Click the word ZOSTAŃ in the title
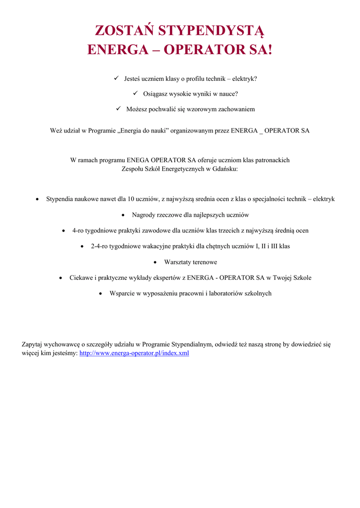[x=124, y=32]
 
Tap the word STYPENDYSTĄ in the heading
[x=212, y=32]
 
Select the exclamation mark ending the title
[x=270, y=51]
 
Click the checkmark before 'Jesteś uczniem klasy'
[x=116, y=78]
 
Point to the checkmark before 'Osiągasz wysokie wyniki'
[x=135, y=93]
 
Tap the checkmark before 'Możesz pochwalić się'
[x=119, y=108]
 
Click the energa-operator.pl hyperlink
[x=134, y=353]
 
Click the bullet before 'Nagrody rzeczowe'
[x=124, y=215]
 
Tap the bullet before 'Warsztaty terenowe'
[x=156, y=262]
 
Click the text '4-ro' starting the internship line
[x=78, y=231]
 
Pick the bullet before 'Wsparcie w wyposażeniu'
[x=101, y=294]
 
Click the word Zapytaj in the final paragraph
[x=32, y=344]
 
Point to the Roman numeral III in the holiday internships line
[x=275, y=246]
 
